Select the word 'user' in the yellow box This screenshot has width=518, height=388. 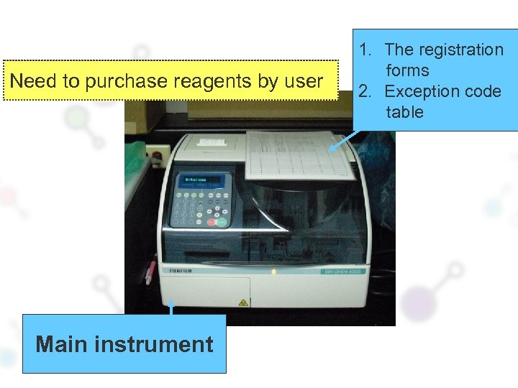[304, 81]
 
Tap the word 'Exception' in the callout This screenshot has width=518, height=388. [419, 91]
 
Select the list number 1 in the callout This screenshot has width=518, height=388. [365, 50]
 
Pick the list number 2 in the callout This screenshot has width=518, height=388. [365, 91]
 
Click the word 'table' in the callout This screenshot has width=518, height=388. [404, 112]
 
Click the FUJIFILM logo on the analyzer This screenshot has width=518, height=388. [179, 272]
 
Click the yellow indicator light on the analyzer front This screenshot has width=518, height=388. [273, 272]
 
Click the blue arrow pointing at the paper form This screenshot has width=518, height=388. [344, 139]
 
